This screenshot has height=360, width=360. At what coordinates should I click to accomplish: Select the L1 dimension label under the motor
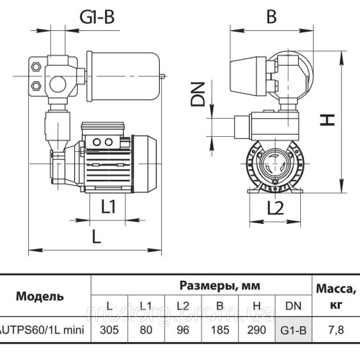[x=108, y=207]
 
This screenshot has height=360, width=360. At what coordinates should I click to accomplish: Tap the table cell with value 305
[x=110, y=330]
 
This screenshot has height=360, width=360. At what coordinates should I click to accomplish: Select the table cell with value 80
[x=146, y=330]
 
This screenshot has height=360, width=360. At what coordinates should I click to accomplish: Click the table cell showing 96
[x=182, y=330]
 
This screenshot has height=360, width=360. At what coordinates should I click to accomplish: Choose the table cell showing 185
[x=219, y=330]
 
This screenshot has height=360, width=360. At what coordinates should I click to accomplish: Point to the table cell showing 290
[x=255, y=330]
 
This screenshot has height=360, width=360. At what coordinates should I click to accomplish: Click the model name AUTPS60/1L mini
[x=43, y=330]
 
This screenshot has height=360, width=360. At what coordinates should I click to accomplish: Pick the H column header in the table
[x=255, y=306]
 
